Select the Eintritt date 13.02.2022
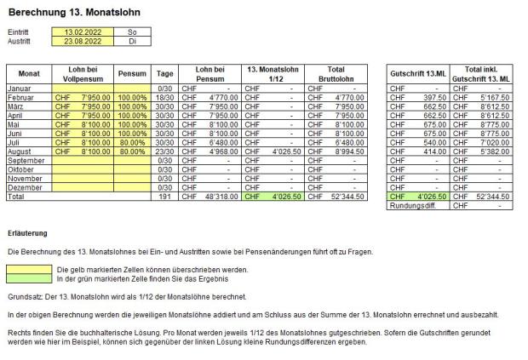[x=78, y=31]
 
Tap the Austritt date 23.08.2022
[x=78, y=39]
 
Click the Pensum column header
[x=133, y=73]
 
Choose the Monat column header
[x=29, y=73]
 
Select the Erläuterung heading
[x=26, y=232]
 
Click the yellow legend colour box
[x=28, y=270]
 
